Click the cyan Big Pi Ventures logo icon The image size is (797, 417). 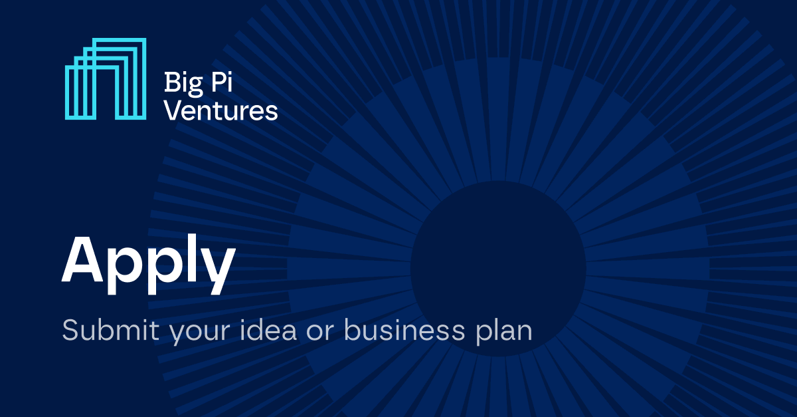106,79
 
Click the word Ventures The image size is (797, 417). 221,110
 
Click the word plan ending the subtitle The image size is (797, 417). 505,332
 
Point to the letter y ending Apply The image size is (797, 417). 219,269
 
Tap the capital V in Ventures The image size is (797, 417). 172,110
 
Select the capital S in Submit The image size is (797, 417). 70,331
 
